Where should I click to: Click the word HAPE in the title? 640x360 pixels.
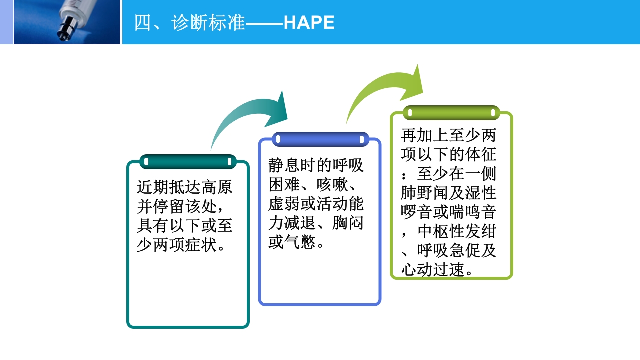coord(309,23)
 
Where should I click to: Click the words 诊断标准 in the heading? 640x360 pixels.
coord(208,23)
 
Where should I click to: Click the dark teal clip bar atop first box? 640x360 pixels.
coord(188,162)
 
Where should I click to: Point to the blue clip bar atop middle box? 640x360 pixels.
coord(320,139)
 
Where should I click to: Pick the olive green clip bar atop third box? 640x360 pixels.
coord(451,113)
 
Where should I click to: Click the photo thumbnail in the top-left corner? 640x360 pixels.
coord(67,22)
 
